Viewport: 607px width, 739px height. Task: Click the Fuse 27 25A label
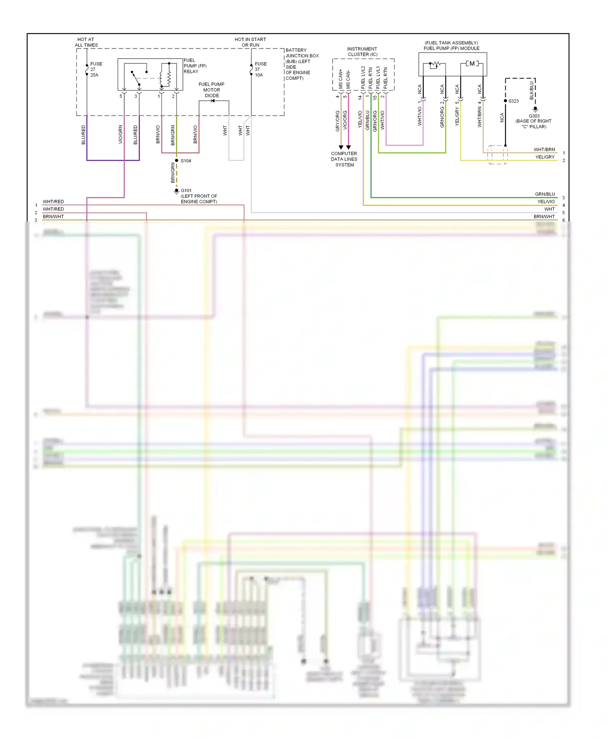pos(96,69)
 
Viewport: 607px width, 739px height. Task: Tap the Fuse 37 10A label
pos(260,69)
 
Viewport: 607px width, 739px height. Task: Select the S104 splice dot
pos(176,160)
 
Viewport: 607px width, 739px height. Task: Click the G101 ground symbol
pos(176,191)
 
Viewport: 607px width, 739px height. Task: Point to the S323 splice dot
pos(505,101)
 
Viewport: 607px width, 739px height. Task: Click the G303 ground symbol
pos(535,109)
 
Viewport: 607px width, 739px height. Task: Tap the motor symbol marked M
pos(472,63)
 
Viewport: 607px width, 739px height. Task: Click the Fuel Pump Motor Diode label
pos(211,90)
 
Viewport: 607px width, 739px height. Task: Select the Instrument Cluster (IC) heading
pos(362,51)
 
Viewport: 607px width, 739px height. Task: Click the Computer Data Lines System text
pos(344,159)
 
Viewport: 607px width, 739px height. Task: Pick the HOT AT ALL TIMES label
pos(86,42)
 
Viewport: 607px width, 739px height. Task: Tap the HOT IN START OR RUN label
pos(250,42)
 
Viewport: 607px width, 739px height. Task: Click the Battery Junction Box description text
pos(301,64)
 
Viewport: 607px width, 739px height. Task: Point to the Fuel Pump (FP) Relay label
pos(195,65)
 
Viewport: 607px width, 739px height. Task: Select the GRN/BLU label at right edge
pos(545,194)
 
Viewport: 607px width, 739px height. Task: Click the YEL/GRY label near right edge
pos(545,157)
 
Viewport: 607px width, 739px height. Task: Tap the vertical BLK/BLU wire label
pos(531,91)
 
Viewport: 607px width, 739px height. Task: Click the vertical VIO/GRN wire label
pos(120,134)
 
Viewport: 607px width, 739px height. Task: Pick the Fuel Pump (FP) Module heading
pos(451,46)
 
